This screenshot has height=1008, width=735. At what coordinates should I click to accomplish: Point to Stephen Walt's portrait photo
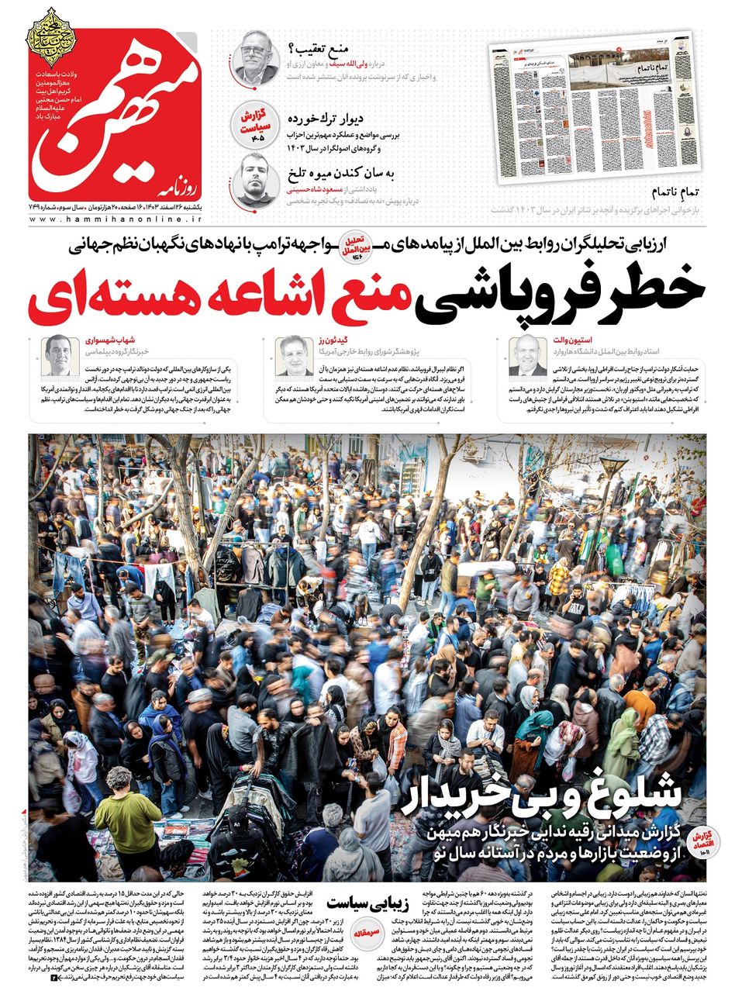pyautogui.click(x=528, y=355)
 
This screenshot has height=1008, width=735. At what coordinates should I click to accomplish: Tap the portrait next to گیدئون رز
pyautogui.click(x=295, y=355)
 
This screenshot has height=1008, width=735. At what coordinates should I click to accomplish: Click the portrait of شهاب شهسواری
pyautogui.click(x=60, y=355)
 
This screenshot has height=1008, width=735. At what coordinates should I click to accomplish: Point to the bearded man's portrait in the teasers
pyautogui.click(x=254, y=178)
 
